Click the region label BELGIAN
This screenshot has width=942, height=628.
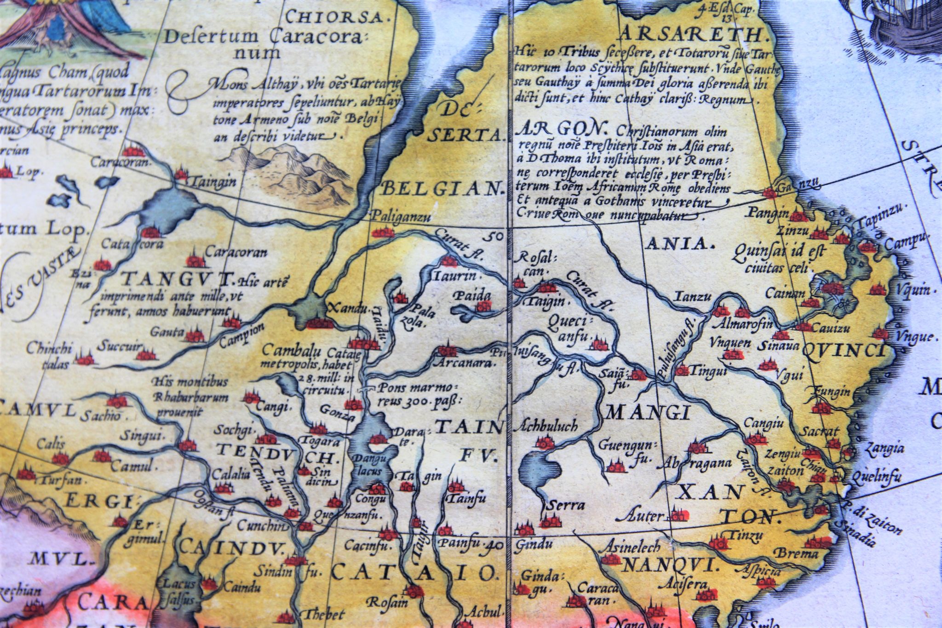[441, 189]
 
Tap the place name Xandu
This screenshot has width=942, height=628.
[340, 307]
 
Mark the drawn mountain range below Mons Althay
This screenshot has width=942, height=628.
[294, 177]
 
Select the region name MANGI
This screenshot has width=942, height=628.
[648, 414]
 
